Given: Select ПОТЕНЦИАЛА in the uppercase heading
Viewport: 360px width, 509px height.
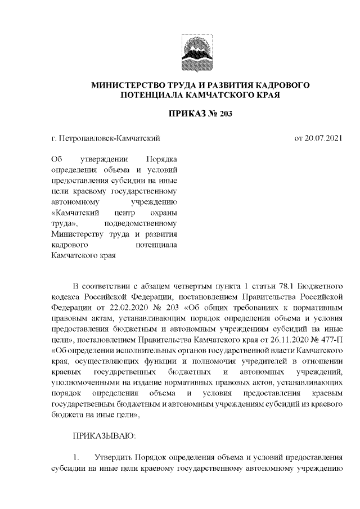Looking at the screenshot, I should coord(148,96).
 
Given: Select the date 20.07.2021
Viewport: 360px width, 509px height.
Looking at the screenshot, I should coord(319,137).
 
